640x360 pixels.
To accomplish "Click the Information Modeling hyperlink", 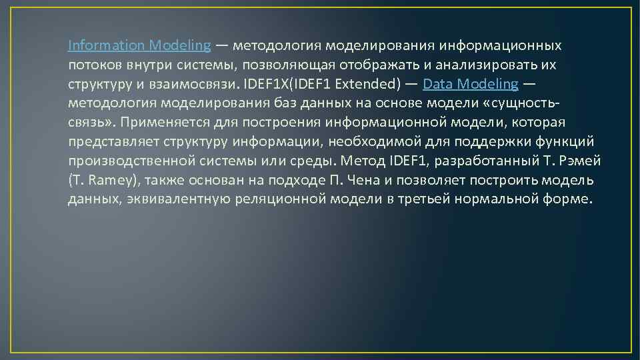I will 139,46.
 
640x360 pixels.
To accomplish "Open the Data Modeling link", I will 470,84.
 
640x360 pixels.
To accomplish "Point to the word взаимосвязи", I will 203,85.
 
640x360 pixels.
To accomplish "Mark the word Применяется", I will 161,123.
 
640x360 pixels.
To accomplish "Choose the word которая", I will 539,123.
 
